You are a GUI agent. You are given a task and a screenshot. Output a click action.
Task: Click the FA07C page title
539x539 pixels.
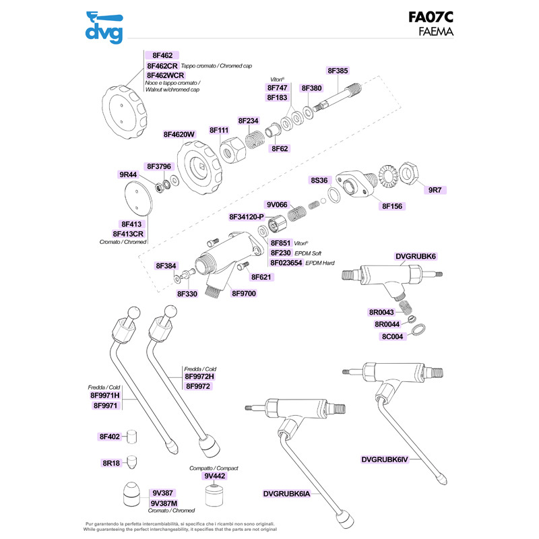coord(431,17)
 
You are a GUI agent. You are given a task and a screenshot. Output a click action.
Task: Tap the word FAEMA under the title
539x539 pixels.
coord(436,31)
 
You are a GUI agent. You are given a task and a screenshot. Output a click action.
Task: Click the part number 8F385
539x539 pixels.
coord(338,70)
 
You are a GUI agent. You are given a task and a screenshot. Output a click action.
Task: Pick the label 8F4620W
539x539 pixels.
coord(179,134)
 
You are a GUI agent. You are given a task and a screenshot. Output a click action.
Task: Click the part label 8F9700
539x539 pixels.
coord(243,293)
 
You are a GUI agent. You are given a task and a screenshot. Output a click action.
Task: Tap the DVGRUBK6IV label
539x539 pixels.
coord(395,460)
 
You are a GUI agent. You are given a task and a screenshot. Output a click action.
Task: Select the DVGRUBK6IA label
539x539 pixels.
coord(287,493)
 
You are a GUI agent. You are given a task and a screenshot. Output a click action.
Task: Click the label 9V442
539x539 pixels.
coord(215,476)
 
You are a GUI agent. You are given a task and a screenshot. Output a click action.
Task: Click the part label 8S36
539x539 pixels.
coord(319,180)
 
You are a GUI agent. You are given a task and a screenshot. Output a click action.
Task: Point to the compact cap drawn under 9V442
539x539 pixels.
coord(216,497)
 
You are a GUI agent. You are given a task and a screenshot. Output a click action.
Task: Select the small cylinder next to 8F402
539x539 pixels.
coord(133,437)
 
